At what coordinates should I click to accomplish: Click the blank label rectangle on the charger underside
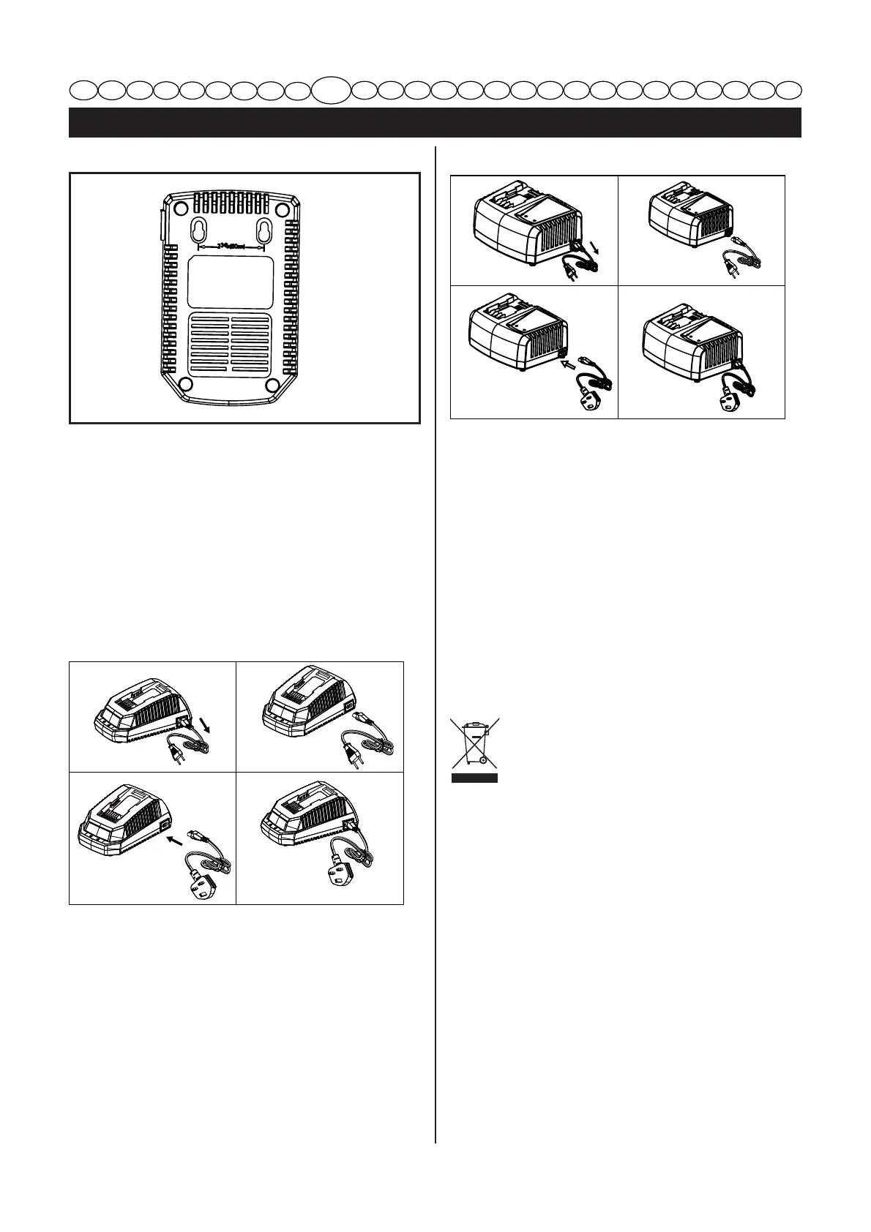[229, 282]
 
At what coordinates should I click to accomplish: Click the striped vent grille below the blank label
[230, 343]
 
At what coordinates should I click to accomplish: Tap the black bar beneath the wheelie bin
[474, 777]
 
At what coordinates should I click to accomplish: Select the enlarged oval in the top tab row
[331, 89]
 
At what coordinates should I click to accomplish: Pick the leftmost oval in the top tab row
[84, 90]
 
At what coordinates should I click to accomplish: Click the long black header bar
[435, 122]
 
